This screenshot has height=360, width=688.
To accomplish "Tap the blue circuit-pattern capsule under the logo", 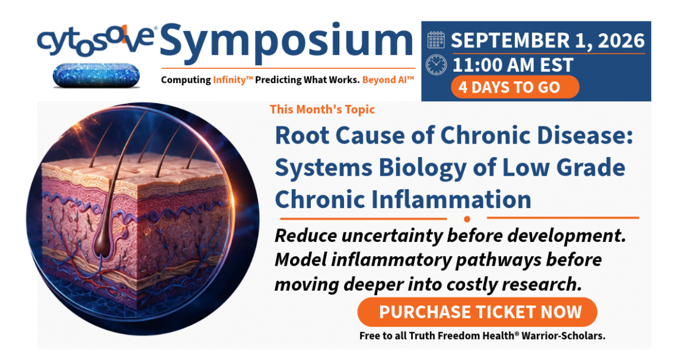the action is click(x=96, y=75).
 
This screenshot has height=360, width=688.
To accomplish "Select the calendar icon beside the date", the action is click(x=436, y=40).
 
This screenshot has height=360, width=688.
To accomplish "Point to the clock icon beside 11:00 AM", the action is click(x=436, y=65).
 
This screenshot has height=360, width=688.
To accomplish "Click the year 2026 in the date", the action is click(x=618, y=40).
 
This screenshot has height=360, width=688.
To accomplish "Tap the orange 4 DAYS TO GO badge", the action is click(x=515, y=87).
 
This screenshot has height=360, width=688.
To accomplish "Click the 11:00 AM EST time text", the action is click(x=512, y=65).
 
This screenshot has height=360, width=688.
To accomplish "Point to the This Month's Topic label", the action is click(x=322, y=109).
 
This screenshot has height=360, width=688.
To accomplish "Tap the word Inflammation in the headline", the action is click(x=451, y=199).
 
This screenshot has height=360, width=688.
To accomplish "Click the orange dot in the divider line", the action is click(x=467, y=219).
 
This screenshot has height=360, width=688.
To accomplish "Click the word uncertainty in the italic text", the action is click(x=393, y=236).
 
